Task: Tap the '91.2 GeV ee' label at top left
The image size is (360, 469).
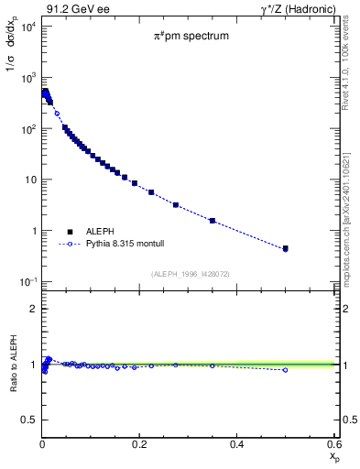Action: (x=71, y=9)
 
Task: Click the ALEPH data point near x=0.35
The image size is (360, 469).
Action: (x=213, y=221)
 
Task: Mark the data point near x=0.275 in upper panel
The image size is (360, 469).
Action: (x=176, y=205)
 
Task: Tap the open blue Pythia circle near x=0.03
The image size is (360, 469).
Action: (x=57, y=114)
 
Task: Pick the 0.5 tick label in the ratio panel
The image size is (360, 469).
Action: (x=29, y=420)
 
